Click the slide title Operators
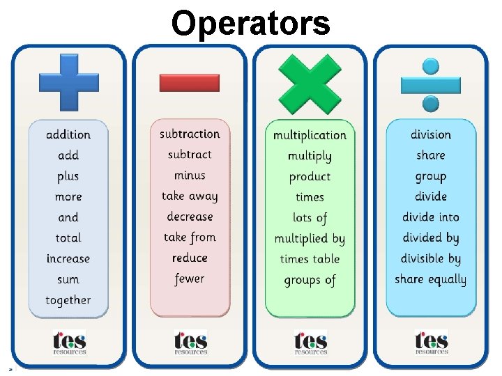250,22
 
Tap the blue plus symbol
68,82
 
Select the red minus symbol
189,83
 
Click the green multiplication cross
310,83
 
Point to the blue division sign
430,84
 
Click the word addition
68,134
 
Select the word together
68,300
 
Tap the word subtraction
190,134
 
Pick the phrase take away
190,196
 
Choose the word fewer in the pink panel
190,279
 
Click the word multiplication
310,135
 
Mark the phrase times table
310,259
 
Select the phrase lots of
310,218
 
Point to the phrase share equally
430,280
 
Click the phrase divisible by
430,258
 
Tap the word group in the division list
430,176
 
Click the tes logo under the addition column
69,342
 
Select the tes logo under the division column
431,342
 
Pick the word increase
68,258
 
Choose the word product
310,177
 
